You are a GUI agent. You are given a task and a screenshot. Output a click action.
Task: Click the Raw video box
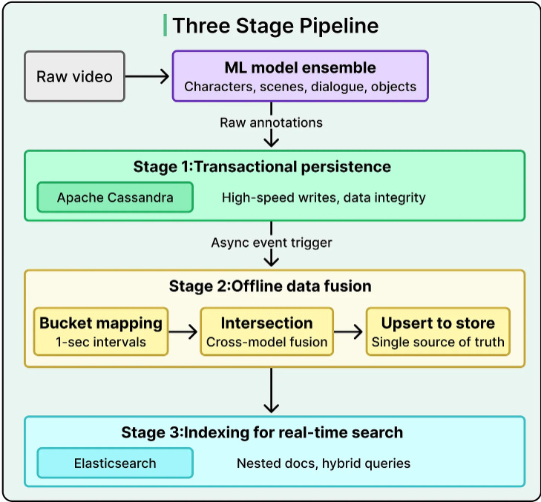[x=74, y=76]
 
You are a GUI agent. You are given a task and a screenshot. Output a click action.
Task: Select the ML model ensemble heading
[x=300, y=67]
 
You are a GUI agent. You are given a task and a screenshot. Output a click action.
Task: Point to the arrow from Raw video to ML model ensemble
[x=148, y=76]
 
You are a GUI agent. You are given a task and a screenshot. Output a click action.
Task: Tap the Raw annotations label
[x=271, y=122]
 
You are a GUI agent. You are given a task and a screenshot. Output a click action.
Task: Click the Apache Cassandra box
[x=115, y=197]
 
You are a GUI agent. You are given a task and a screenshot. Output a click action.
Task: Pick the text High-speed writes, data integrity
[x=324, y=197]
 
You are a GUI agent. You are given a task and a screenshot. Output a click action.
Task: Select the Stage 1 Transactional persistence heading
[x=262, y=167]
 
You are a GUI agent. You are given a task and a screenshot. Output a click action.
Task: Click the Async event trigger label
[x=272, y=242]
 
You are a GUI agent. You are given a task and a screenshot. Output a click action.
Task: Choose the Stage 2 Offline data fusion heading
[x=270, y=286]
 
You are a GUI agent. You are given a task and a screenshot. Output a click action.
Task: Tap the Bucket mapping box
[x=101, y=331]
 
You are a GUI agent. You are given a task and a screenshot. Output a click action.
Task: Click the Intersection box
[x=266, y=331]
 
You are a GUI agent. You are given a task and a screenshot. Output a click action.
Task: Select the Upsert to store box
[x=438, y=331]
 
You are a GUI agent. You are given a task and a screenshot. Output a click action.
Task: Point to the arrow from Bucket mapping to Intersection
[x=183, y=331]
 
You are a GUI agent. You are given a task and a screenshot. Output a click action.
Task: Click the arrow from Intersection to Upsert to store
[x=349, y=331]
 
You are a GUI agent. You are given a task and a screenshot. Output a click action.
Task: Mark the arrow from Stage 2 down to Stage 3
[x=271, y=390]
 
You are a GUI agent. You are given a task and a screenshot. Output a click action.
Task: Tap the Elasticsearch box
[x=115, y=463]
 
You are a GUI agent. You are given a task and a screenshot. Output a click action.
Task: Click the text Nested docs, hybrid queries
[x=324, y=463]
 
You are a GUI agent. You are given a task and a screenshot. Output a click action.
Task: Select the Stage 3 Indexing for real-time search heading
[x=262, y=432]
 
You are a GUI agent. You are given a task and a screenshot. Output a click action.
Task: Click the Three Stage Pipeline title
[x=275, y=25]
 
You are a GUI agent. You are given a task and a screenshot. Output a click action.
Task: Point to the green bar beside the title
[x=165, y=25]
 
